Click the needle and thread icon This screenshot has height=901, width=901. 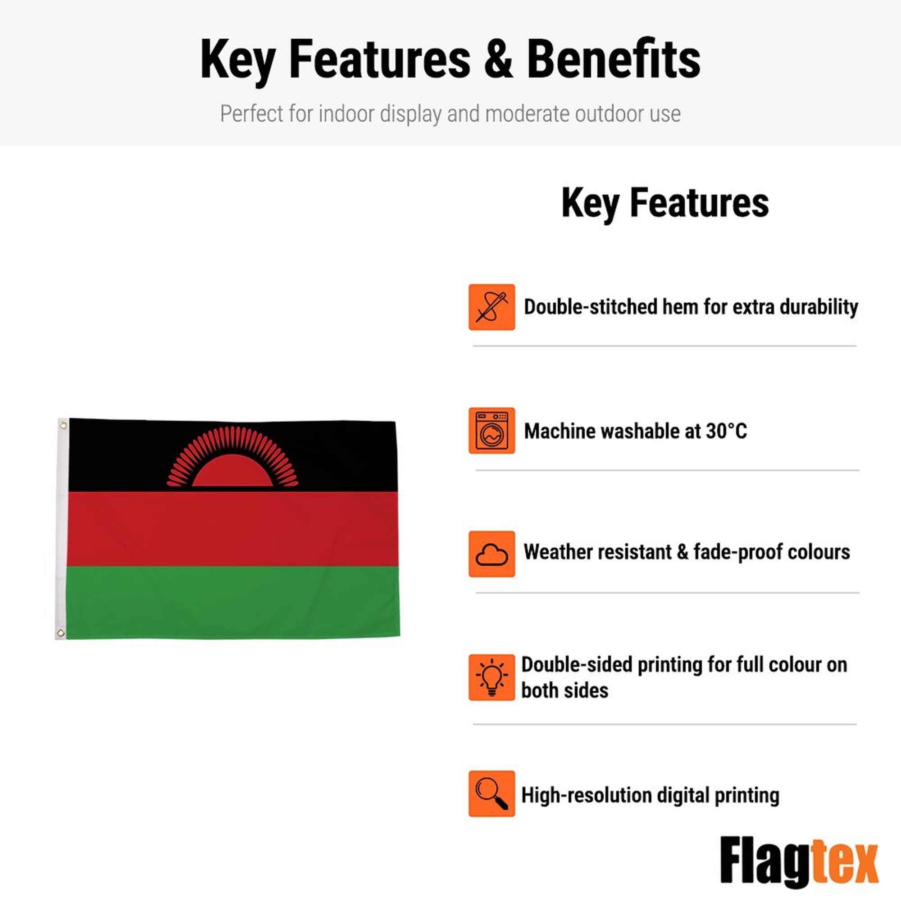tap(491, 307)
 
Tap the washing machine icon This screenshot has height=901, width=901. tap(491, 430)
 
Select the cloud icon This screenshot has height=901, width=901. tap(491, 554)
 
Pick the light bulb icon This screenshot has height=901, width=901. tap(491, 678)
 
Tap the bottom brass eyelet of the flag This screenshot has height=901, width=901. tap(60, 633)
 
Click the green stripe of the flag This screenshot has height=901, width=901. tap(233, 602)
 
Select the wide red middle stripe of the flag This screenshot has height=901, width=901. tap(233, 529)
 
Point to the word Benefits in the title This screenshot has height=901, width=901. tap(613, 59)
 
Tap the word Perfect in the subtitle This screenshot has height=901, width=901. tap(251, 114)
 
